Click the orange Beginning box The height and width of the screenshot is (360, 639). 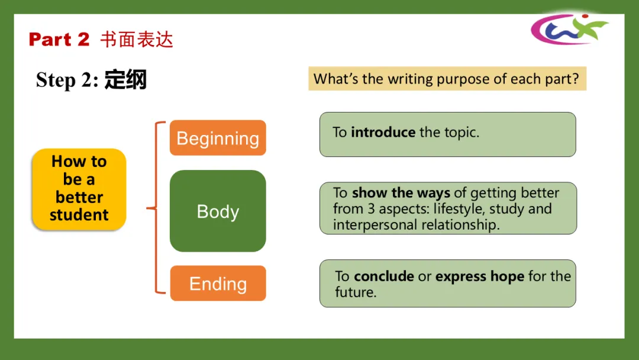pos(218,138)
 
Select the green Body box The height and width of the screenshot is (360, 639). pos(218,211)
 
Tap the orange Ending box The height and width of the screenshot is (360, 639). pos(218,284)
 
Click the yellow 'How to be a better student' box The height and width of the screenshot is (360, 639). pos(79,188)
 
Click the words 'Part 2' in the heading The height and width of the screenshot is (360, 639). pos(59,40)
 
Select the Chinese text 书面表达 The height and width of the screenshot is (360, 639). pos(137,40)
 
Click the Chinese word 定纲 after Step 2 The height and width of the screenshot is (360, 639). pos(125,79)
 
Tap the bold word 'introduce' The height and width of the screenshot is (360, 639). pos(383,132)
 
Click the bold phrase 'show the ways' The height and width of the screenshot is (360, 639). pos(401,193)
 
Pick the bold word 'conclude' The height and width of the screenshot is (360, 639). pos(384,277)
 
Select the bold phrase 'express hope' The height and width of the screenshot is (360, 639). pos(480,277)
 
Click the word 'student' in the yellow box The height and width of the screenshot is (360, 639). pos(79,215)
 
